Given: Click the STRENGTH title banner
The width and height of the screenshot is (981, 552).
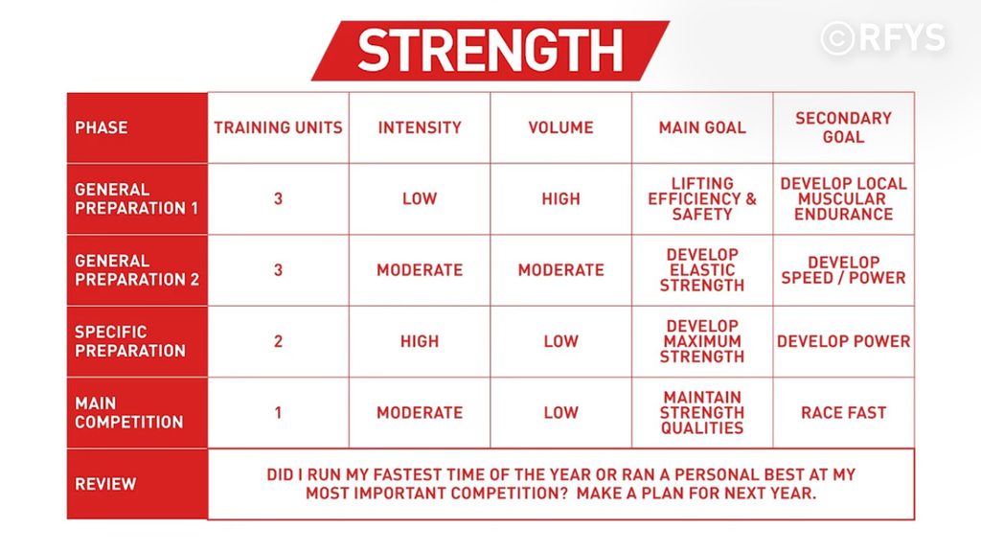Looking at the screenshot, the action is [x=490, y=51].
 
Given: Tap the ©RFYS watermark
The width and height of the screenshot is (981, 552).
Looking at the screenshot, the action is [x=882, y=37].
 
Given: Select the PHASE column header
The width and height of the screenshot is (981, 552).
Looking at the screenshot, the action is [x=102, y=127].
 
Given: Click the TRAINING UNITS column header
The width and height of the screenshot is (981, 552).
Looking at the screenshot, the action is [x=279, y=127].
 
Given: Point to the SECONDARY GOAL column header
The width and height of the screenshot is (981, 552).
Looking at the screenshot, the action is [x=843, y=127].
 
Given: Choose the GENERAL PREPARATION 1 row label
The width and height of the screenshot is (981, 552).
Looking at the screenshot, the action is [x=136, y=199].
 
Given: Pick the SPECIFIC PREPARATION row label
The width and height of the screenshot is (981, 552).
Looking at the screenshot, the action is [x=130, y=341].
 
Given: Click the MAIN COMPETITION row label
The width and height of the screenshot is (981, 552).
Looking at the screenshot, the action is [x=129, y=412].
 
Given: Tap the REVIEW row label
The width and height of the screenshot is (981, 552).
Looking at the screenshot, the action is [x=105, y=484].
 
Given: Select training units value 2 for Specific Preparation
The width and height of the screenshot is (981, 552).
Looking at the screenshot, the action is [x=279, y=341].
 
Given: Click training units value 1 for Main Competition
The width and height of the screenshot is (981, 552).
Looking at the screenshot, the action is [x=279, y=412].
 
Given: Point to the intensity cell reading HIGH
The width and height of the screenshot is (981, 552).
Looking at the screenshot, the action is [x=420, y=341].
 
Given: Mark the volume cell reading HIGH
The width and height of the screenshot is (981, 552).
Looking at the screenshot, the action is [x=561, y=199].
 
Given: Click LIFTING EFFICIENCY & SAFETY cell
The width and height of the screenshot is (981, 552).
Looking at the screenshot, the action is [x=702, y=199].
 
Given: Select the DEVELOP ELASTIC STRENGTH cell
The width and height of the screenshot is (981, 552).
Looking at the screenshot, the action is [x=702, y=270].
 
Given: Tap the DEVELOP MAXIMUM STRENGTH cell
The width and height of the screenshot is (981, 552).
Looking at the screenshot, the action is [x=702, y=341].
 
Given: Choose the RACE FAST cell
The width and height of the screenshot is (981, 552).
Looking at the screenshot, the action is [x=843, y=412].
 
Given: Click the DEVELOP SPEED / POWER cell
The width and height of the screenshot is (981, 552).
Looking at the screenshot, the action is [x=843, y=270].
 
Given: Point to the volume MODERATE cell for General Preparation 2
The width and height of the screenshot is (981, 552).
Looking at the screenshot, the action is [x=561, y=270].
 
